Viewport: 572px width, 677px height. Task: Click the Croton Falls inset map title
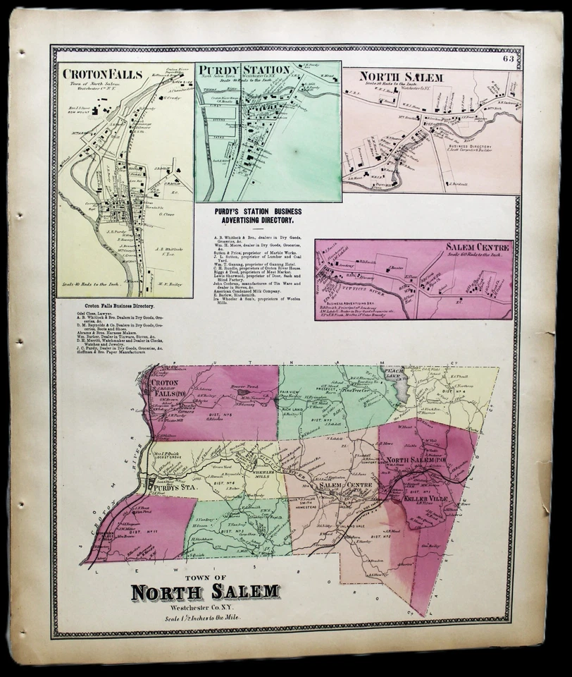click(x=103, y=74)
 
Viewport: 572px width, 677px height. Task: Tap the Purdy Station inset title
click(x=244, y=69)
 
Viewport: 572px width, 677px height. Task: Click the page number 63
click(x=509, y=59)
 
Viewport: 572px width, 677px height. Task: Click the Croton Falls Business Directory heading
click(x=113, y=306)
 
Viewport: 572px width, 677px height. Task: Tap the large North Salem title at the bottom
click(x=205, y=592)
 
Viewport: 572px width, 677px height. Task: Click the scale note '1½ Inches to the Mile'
click(x=205, y=618)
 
